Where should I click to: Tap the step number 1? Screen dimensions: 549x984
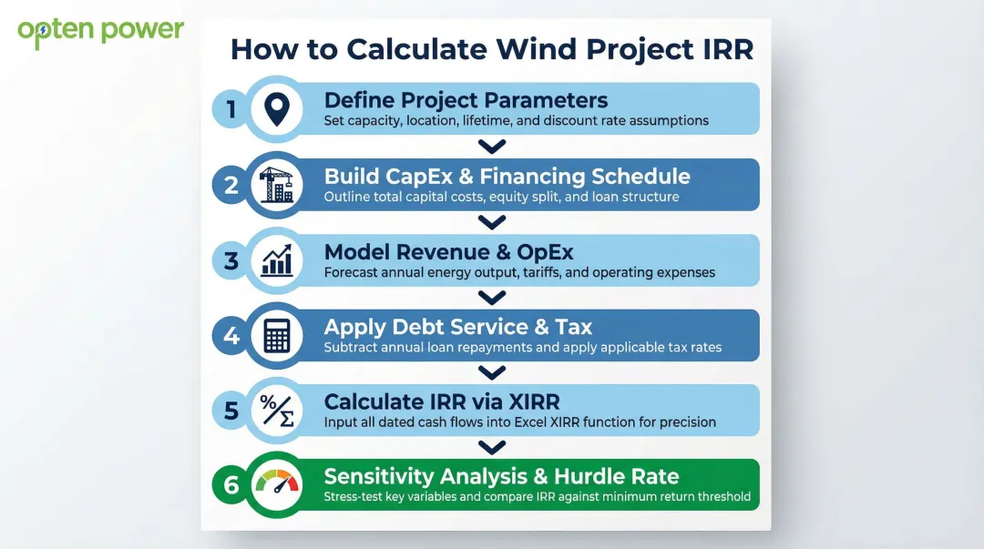coord(231,110)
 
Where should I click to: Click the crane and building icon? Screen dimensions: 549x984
coord(276,185)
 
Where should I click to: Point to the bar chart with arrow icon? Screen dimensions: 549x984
coord(276,260)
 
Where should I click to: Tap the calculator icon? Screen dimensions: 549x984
coord(276,336)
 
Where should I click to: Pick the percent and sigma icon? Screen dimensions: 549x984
coord(276,411)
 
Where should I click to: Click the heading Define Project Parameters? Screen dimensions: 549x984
coord(466,100)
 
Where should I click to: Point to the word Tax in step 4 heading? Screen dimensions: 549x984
coord(573,327)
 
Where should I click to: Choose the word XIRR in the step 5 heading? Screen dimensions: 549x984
coord(524,402)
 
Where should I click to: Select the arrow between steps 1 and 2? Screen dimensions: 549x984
coord(491,147)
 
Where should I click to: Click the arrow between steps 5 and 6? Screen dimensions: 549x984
coord(491,447)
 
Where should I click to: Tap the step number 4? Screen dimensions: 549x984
coord(231,336)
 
